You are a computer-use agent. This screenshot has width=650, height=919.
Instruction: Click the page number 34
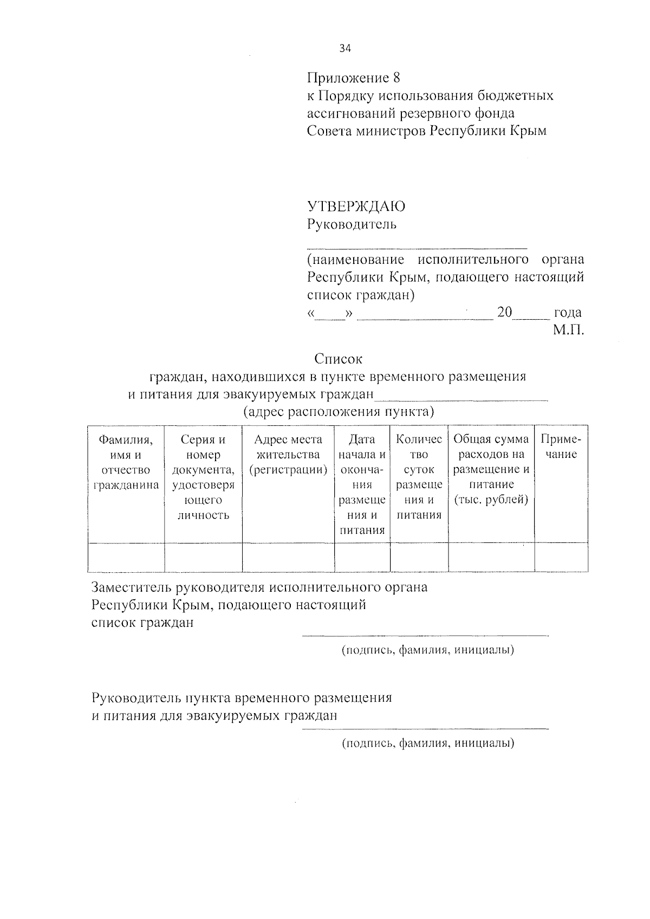pyautogui.click(x=345, y=49)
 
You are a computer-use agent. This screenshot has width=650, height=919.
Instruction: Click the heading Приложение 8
pyautogui.click(x=353, y=78)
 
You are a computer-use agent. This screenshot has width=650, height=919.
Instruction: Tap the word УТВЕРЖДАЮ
pyautogui.click(x=356, y=206)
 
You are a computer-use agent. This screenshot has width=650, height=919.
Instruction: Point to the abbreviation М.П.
pyautogui.click(x=568, y=330)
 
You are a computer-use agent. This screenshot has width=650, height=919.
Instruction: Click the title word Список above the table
pyautogui.click(x=338, y=359)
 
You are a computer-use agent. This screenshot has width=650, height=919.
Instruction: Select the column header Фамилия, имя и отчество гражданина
pyautogui.click(x=126, y=462)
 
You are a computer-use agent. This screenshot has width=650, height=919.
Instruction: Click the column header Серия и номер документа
pyautogui.click(x=203, y=477)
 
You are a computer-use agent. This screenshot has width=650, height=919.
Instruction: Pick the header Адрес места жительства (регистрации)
pyautogui.click(x=288, y=455)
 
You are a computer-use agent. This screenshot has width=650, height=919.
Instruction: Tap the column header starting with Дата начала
pyautogui.click(x=362, y=484)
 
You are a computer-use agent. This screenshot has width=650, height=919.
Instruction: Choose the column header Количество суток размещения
pyautogui.click(x=419, y=477)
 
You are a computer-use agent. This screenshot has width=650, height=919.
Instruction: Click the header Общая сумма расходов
pyautogui.click(x=491, y=469)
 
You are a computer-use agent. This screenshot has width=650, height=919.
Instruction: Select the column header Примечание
pyautogui.click(x=561, y=447)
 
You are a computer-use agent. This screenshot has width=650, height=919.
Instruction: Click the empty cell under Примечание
pyautogui.click(x=561, y=557)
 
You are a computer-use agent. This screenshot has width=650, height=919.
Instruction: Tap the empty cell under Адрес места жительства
pyautogui.click(x=288, y=557)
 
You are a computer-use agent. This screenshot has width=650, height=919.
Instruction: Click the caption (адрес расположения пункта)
pyautogui.click(x=339, y=412)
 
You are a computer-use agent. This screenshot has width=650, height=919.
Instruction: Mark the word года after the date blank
pyautogui.click(x=568, y=313)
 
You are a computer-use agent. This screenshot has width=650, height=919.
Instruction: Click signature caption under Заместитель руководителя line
pyautogui.click(x=427, y=650)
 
